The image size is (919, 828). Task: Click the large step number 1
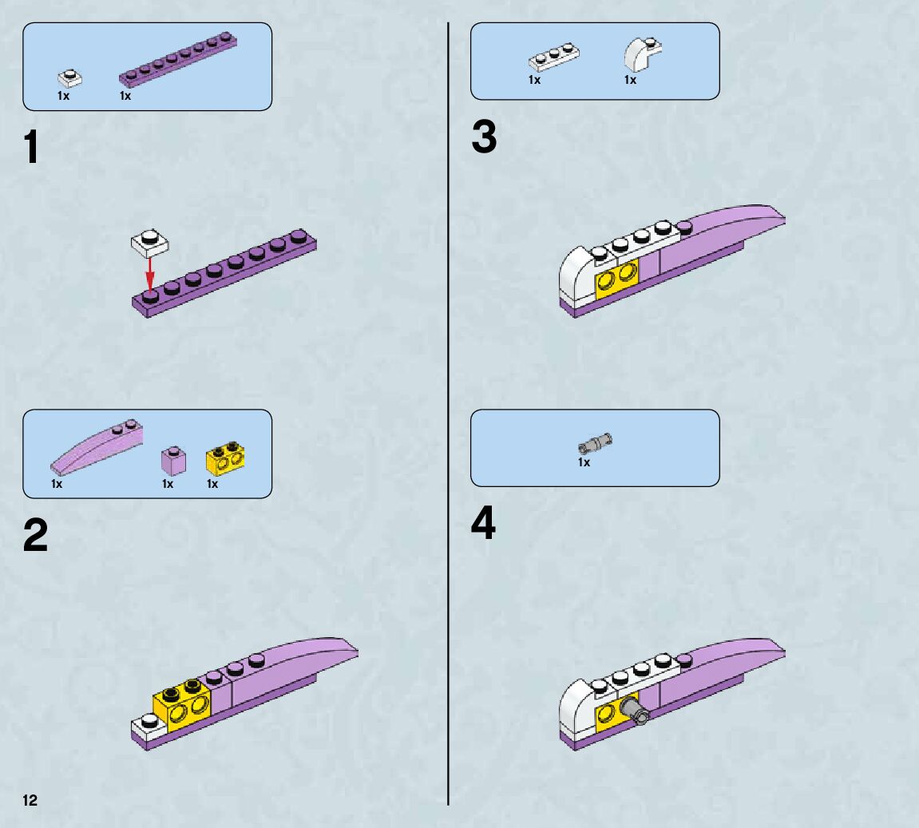pyautogui.click(x=31, y=148)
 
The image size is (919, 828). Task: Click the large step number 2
pyautogui.click(x=35, y=535)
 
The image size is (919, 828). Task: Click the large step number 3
pyautogui.click(x=484, y=137)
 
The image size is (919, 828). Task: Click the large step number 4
pyautogui.click(x=483, y=525)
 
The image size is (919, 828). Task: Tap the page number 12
pyautogui.click(x=30, y=800)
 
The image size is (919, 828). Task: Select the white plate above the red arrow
pyautogui.click(x=149, y=241)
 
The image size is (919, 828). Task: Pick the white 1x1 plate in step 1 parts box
pyautogui.click(x=70, y=77)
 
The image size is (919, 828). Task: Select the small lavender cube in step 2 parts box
pyautogui.click(x=172, y=461)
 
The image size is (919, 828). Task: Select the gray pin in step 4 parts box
pyautogui.click(x=596, y=441)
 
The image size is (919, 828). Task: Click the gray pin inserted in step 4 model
pyautogui.click(x=636, y=711)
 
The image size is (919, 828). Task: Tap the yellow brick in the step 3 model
pyautogui.click(x=617, y=279)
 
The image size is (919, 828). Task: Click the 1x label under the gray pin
pyautogui.click(x=584, y=462)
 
